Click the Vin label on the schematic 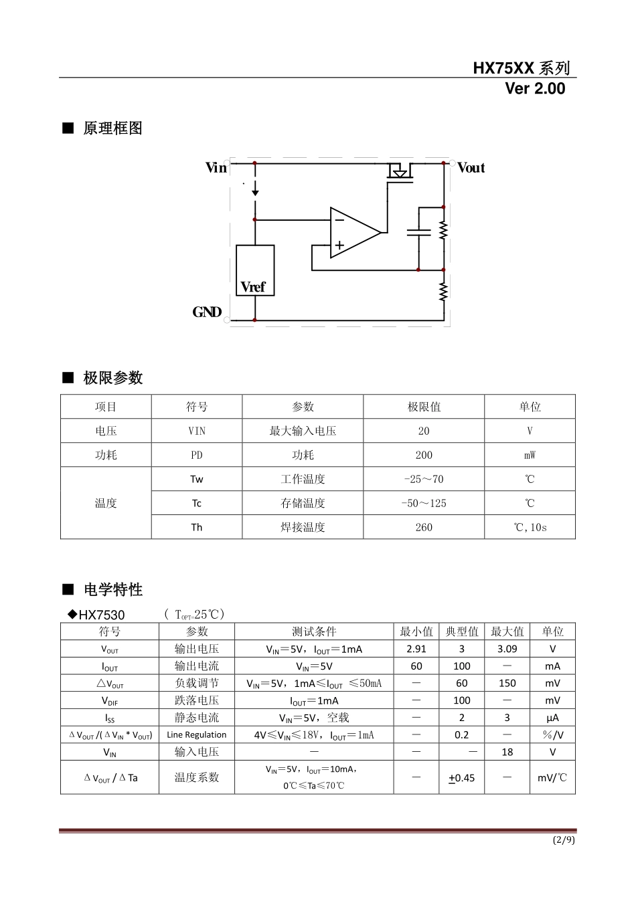pyautogui.click(x=216, y=168)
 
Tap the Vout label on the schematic pyautogui.click(x=471, y=168)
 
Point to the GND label pyautogui.click(x=207, y=312)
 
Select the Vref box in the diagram pyautogui.click(x=255, y=271)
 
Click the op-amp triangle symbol pyautogui.click(x=354, y=233)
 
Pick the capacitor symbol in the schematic pyautogui.click(x=418, y=232)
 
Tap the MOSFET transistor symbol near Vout pyautogui.click(x=400, y=171)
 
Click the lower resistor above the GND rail pyautogui.click(x=443, y=292)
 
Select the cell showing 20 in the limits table pyautogui.click(x=424, y=431)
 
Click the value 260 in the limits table pyautogui.click(x=424, y=527)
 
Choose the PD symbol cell pyautogui.click(x=197, y=456)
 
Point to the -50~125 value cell pyautogui.click(x=424, y=503)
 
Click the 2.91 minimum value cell pyautogui.click(x=416, y=649)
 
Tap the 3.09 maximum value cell pyautogui.click(x=507, y=649)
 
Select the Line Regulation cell pyautogui.click(x=197, y=734)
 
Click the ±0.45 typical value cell pyautogui.click(x=462, y=778)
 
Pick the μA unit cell pyautogui.click(x=553, y=718)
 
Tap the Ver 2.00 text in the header pyautogui.click(x=535, y=89)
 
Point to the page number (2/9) pyautogui.click(x=564, y=840)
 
